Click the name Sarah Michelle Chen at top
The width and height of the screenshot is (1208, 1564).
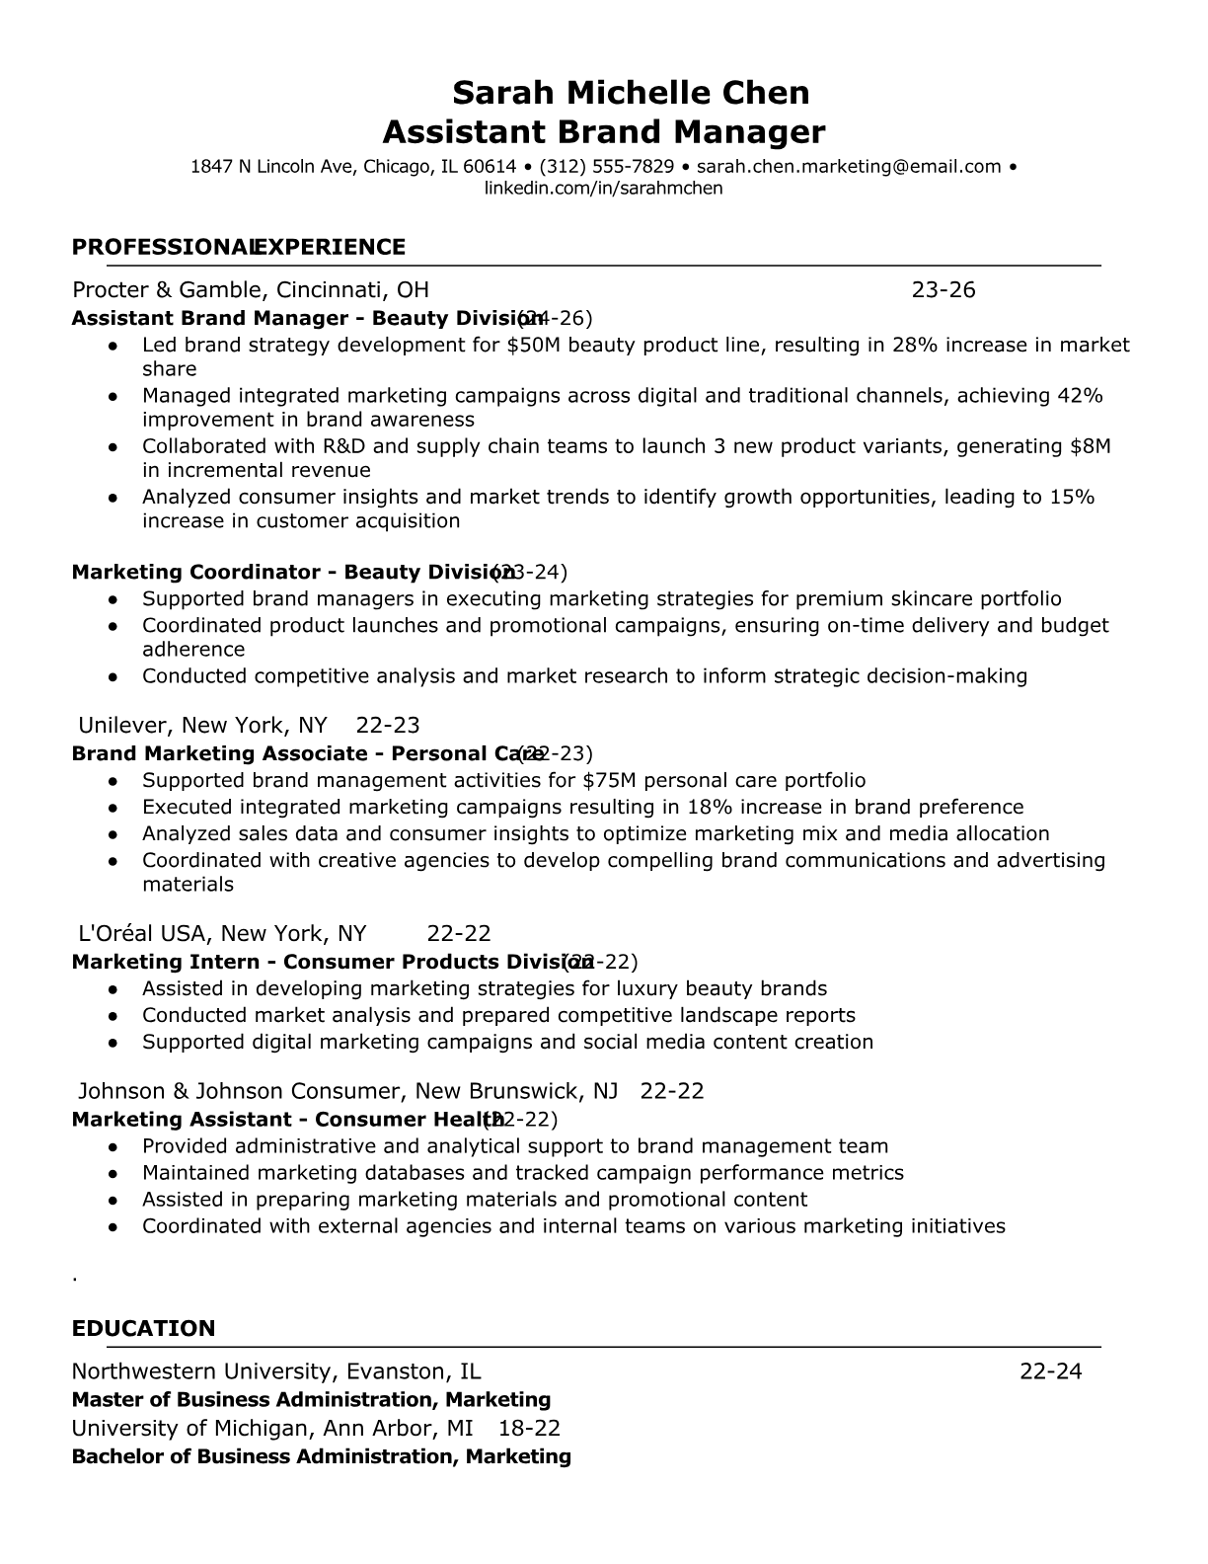pos(631,93)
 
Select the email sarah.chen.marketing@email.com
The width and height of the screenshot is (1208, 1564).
pos(849,167)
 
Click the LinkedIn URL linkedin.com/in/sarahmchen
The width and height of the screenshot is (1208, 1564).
pos(603,188)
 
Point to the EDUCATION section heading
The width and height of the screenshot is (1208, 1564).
pos(143,1328)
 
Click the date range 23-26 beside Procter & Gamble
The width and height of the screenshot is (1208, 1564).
pos(943,289)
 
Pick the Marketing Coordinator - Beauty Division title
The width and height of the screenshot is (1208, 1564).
pos(291,572)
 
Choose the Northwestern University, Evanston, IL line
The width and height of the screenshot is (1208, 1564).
pos(276,1371)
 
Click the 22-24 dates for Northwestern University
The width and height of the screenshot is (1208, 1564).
pos(1050,1371)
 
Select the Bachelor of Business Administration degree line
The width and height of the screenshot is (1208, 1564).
pos(321,1456)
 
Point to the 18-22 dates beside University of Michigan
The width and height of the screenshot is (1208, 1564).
pos(529,1428)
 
